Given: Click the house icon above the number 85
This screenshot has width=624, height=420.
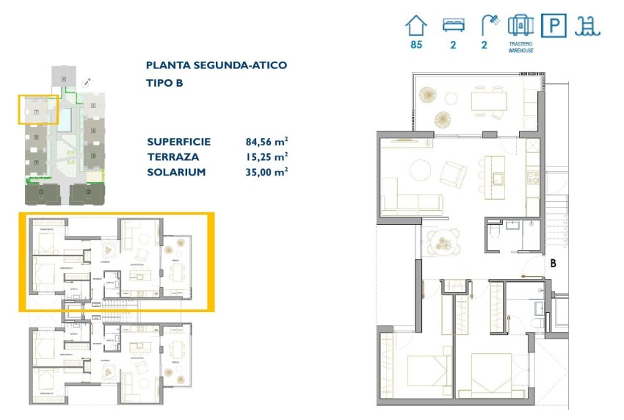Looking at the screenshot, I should click(416, 26).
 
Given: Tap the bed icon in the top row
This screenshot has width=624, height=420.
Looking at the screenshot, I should click(454, 26).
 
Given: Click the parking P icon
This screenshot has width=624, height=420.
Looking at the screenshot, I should click(554, 26).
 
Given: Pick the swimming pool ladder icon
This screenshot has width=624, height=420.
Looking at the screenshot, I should click(588, 26).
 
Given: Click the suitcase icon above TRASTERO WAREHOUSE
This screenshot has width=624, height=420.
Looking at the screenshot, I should click(520, 26).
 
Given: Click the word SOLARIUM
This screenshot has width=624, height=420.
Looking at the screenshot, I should click(175, 172).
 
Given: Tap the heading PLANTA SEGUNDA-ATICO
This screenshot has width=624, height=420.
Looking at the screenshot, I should click(217, 65).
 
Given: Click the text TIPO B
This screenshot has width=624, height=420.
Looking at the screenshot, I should click(164, 83).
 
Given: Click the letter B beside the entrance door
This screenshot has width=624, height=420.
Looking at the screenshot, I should click(553, 261).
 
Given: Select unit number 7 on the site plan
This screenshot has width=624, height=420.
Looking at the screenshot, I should click(36, 111).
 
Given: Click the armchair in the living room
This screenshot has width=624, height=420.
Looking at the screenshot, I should click(452, 174).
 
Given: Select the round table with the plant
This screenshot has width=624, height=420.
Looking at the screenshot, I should click(443, 240).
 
